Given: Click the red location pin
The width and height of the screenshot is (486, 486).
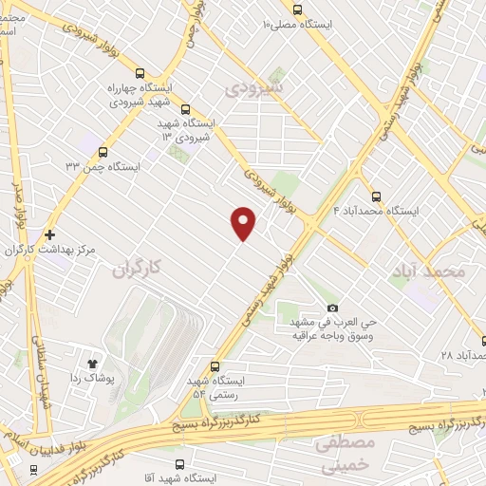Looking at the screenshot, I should click(244, 222).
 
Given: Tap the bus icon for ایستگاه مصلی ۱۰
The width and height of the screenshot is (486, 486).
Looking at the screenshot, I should click(297, 10).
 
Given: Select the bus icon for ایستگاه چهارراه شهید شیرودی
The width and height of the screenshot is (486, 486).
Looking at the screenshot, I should click(140, 73).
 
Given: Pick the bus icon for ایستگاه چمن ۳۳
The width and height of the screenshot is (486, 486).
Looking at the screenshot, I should click(103, 151).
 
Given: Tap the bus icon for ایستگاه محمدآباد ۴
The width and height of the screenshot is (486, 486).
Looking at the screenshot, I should click(377, 196).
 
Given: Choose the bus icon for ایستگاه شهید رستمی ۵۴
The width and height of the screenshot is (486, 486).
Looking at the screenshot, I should click(215, 366).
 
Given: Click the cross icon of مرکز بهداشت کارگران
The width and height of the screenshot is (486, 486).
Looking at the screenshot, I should click(49, 234).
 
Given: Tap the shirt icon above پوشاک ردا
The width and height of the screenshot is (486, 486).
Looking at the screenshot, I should click(93, 363).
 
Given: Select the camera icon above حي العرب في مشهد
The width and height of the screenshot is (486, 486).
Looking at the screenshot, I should click(332, 308).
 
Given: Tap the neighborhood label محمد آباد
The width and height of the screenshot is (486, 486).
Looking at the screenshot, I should click(429, 271).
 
